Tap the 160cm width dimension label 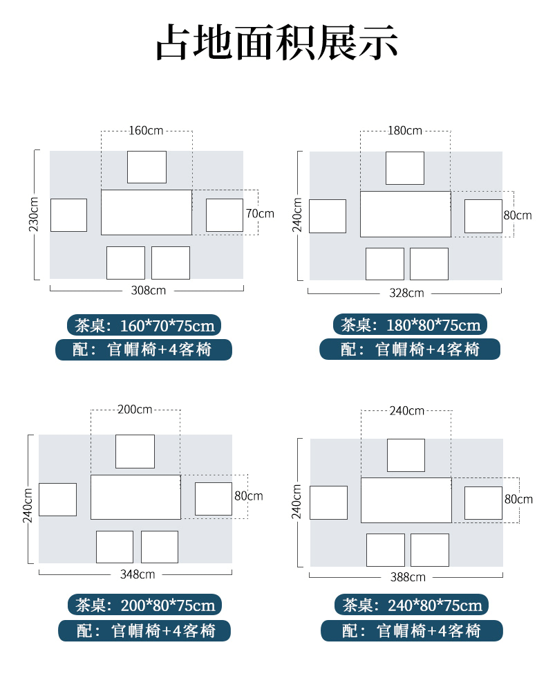click(147, 130)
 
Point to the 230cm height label click(36, 215)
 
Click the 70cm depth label click(260, 214)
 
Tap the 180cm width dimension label click(404, 130)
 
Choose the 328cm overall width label click(406, 293)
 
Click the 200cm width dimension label click(135, 409)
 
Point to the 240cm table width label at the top click(406, 410)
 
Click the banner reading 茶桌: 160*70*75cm click(145, 325)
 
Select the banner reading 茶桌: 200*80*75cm click(144, 605)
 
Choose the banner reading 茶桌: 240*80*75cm click(411, 605)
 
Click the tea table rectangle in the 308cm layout click(147, 212)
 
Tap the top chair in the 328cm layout click(405, 168)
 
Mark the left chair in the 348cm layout click(57, 499)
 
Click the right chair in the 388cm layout click(483, 502)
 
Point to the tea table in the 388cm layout click(406, 500)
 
